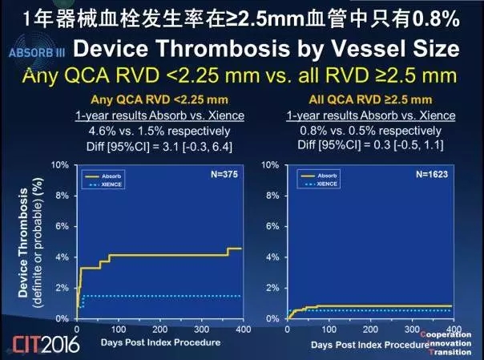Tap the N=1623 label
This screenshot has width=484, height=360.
tap(434, 172)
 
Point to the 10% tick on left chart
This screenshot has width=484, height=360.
tap(60, 165)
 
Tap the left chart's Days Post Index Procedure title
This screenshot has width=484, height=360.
tap(149, 342)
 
